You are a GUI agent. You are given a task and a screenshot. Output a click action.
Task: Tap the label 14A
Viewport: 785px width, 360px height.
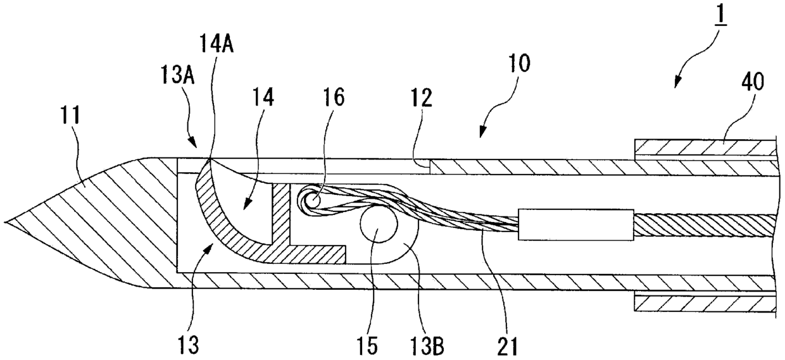tap(217, 45)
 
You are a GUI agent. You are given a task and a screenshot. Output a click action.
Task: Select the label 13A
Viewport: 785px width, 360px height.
tap(177, 76)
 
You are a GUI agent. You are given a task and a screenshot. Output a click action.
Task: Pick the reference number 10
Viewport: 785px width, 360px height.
tap(519, 63)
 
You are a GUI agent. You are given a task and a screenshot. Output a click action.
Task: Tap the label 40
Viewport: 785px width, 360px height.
tap(753, 83)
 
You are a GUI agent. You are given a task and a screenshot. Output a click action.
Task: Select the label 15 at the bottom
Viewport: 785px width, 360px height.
tap(368, 346)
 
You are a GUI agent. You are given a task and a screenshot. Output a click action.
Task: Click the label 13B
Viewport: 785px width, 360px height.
tap(427, 346)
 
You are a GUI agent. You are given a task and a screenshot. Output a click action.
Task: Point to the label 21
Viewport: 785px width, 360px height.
tap(507, 346)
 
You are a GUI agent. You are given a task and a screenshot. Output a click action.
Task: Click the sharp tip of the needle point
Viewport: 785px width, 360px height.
tap(5, 221)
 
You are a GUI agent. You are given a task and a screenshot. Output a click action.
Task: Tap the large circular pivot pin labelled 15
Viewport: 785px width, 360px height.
tap(379, 225)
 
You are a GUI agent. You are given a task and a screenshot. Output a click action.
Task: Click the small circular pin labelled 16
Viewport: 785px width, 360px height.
tap(313, 201)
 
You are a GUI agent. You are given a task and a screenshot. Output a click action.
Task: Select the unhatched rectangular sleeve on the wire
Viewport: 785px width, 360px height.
tap(576, 225)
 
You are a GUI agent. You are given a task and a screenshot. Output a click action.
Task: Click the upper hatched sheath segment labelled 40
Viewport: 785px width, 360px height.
tap(705, 147)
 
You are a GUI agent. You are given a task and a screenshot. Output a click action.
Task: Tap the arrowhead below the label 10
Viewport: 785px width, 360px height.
tap(482, 133)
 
